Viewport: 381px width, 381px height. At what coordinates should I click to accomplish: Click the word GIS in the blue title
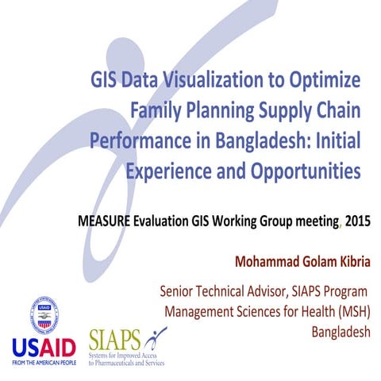pos(104,81)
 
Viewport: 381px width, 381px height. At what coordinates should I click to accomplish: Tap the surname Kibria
pos(350,260)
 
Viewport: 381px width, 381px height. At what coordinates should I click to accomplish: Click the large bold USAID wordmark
pos(44,346)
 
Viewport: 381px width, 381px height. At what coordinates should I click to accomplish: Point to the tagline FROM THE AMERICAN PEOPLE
pos(44,364)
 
